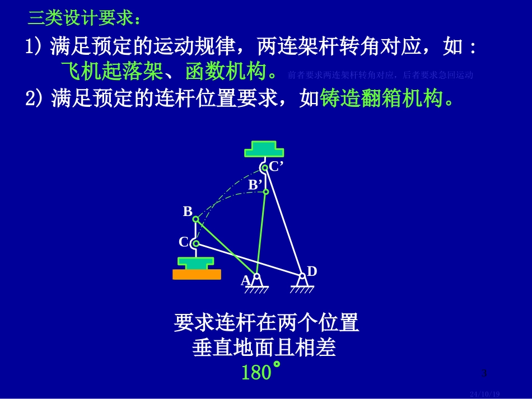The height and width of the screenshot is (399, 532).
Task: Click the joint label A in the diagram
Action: pos(245,280)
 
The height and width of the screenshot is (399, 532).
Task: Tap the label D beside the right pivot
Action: pos(312,271)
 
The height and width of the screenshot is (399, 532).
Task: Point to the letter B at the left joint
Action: pos(188,212)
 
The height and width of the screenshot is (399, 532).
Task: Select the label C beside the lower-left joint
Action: pos(183,242)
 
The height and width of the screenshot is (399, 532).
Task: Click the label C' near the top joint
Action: pos(276,166)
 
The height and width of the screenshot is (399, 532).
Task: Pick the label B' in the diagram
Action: pos(255,184)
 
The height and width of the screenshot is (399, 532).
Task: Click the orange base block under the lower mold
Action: pos(197,274)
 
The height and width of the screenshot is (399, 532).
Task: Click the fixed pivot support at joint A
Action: pos(256,284)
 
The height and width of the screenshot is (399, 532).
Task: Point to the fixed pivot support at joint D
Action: pos(302,284)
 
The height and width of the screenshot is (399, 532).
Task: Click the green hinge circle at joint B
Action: pos(196,219)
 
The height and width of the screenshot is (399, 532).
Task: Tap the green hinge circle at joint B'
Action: pos(266,192)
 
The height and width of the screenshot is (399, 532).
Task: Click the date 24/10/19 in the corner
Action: pos(484,393)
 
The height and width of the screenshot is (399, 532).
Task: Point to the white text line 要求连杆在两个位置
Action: pos(266,323)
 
